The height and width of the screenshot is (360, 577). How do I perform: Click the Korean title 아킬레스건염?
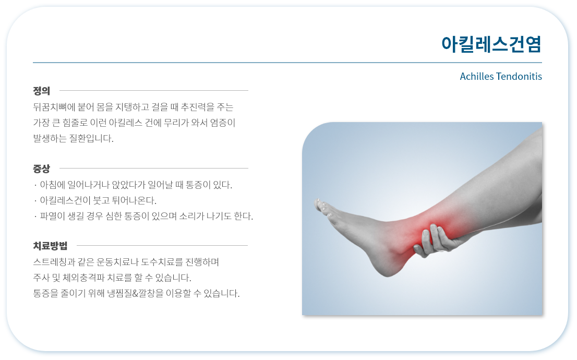pyautogui.click(x=491, y=44)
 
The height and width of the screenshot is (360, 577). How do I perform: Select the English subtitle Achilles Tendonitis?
pyautogui.click(x=501, y=76)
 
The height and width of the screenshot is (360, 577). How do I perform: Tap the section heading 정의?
pyautogui.click(x=41, y=91)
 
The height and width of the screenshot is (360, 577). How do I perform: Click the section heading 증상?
pyautogui.click(x=41, y=169)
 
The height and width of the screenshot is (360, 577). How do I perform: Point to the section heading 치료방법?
pyautogui.click(x=50, y=246)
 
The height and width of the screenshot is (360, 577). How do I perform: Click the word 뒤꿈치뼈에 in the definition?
pyautogui.click(x=54, y=107)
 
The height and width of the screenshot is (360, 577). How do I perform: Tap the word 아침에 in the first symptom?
pyautogui.click(x=52, y=185)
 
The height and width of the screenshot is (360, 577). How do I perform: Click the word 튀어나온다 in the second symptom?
pyautogui.click(x=134, y=201)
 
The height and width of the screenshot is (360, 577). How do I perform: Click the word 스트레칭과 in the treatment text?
pyautogui.click(x=54, y=262)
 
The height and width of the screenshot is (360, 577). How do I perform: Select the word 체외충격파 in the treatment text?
pyautogui.click(x=83, y=278)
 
